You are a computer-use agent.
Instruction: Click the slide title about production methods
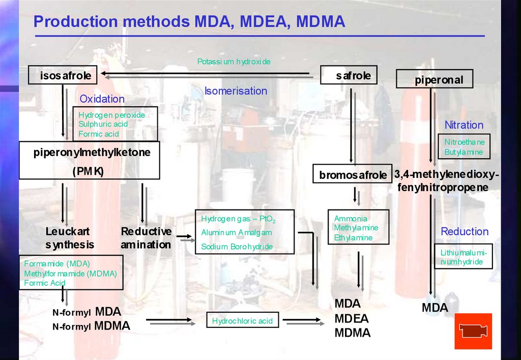189,22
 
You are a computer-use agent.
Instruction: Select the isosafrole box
63,76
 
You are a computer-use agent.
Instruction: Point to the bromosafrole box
353,175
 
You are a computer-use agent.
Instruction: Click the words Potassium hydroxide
234,62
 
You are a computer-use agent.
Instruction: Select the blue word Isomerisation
236,91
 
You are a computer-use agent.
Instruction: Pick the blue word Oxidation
102,99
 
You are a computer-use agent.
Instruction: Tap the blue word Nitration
464,125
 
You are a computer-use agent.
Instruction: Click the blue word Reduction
464,231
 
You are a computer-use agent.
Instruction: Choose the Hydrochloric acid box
242,321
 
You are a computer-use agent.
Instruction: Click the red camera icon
473,331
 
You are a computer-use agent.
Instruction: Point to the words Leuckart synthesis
70,238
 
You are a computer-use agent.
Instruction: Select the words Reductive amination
146,238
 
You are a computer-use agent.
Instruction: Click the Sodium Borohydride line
237,247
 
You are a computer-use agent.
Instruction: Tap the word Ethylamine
353,237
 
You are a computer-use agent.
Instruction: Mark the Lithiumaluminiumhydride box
464,257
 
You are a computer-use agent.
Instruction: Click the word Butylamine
464,152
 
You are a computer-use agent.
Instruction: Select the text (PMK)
88,171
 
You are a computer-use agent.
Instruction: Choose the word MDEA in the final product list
351,319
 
